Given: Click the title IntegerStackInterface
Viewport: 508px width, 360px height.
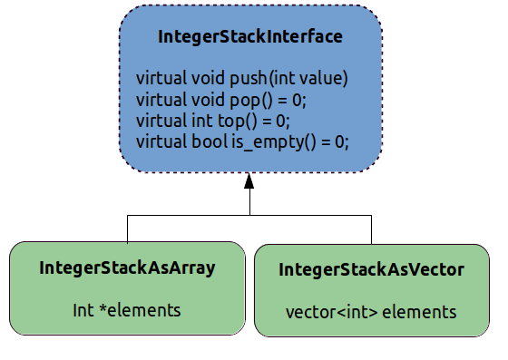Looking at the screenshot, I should point(250,37).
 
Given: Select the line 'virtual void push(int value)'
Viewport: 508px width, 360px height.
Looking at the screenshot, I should point(241,78).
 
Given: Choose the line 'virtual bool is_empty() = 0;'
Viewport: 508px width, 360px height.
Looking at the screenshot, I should point(241,142).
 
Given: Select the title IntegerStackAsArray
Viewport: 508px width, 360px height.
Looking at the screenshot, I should point(127,268).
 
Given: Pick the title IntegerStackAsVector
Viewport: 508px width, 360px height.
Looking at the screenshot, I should point(371,269).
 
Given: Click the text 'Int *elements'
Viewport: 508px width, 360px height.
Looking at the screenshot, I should point(127,310).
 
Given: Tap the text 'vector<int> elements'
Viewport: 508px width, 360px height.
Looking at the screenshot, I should point(371,312).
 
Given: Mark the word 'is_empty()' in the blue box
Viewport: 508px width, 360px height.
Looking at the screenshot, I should point(271,142).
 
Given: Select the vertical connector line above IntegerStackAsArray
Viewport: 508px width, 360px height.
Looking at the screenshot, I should point(127,229).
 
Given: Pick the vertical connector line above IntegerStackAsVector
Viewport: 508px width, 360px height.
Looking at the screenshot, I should point(371,229).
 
